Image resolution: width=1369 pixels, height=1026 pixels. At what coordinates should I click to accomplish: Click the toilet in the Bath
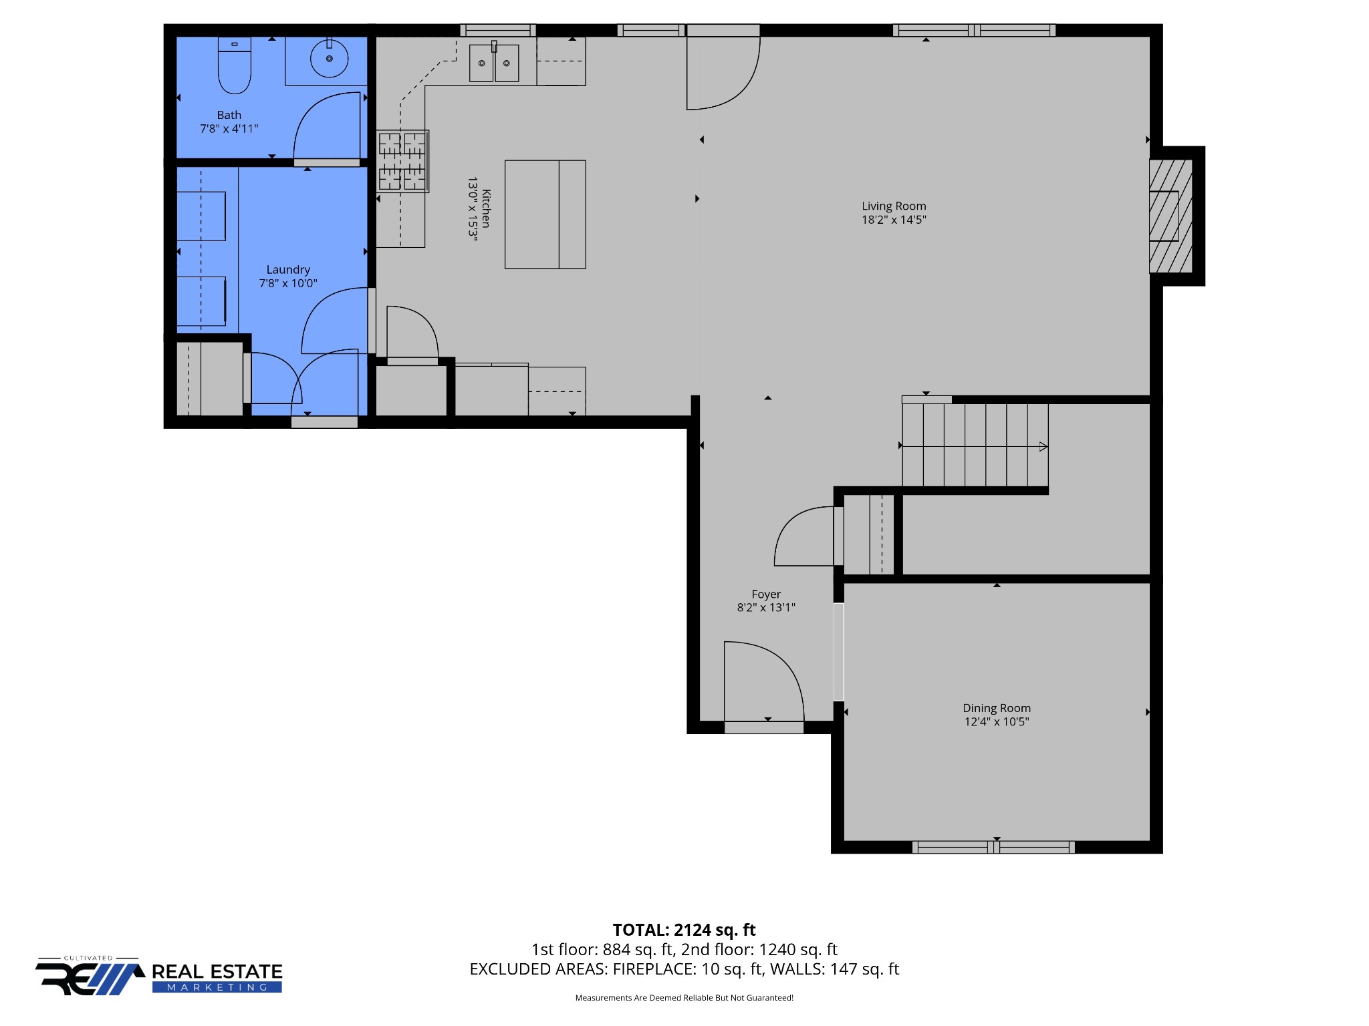[x=234, y=67]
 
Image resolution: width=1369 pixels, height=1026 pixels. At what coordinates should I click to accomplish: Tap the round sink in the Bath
[x=329, y=59]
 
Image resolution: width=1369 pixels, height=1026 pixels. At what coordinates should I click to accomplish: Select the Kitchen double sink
[x=494, y=63]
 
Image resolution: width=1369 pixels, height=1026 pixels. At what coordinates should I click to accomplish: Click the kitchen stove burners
[x=402, y=161]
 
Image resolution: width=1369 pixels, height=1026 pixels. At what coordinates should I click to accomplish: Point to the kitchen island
[x=545, y=214]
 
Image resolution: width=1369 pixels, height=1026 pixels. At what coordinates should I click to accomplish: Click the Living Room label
[x=894, y=206]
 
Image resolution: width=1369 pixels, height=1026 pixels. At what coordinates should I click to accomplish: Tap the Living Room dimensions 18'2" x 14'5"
[x=894, y=220]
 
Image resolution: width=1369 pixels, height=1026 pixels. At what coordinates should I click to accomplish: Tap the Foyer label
[x=766, y=594]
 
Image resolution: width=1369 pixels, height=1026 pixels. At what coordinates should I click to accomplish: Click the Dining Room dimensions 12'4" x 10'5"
[x=996, y=721]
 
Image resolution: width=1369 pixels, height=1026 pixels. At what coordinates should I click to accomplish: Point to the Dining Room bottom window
[x=993, y=847]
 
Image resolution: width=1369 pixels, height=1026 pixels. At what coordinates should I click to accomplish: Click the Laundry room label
[x=288, y=269]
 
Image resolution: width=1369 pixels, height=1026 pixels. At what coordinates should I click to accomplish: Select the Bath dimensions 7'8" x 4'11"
[x=229, y=129]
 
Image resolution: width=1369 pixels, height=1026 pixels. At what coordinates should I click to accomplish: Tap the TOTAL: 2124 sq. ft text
[x=684, y=930]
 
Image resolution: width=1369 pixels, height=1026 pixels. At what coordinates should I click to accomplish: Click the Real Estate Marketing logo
[x=159, y=977]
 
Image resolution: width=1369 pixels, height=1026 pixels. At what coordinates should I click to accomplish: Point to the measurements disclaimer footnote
[x=684, y=998]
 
